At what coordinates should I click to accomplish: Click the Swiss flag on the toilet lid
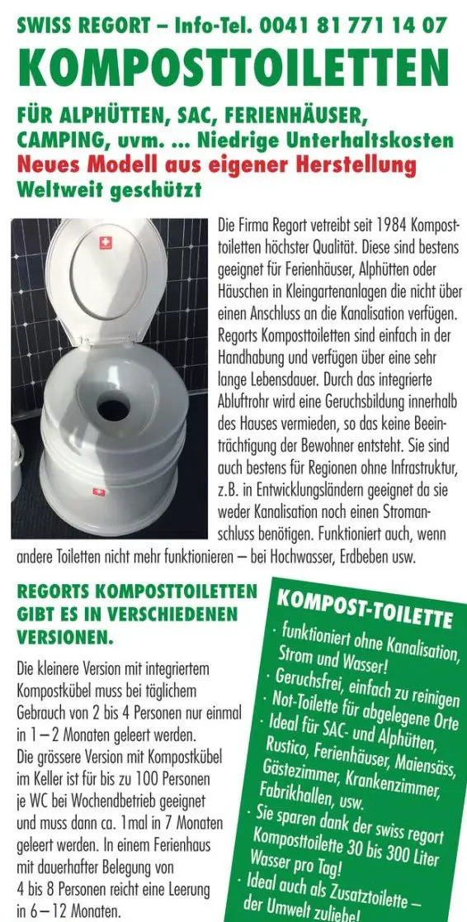[x=105, y=242]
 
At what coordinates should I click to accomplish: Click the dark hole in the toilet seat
[x=114, y=408]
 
